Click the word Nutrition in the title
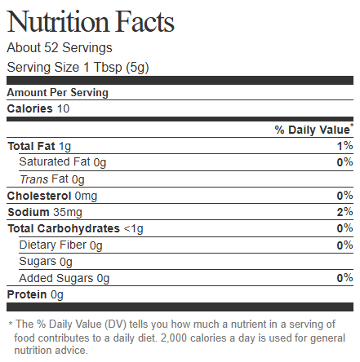pyautogui.click(x=58, y=22)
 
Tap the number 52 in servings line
pyautogui.click(x=51, y=47)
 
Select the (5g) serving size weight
pyautogui.click(x=137, y=68)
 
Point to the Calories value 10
pyautogui.click(x=63, y=108)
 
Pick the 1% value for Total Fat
pyautogui.click(x=345, y=146)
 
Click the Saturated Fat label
pyautogui.click(x=55, y=161)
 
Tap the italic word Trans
pyautogui.click(x=34, y=179)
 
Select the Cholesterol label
pyautogui.click(x=39, y=196)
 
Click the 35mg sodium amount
pyautogui.click(x=68, y=212)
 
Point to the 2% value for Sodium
pyautogui.click(x=345, y=212)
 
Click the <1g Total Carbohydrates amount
pyautogui.click(x=133, y=229)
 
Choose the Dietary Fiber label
pyautogui.click(x=53, y=245)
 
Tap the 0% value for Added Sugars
pyautogui.click(x=345, y=278)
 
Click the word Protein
pyautogui.click(x=27, y=294)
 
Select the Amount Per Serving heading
pyautogui.click(x=58, y=93)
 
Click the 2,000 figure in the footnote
pyautogui.click(x=174, y=338)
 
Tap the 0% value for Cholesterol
pyautogui.click(x=345, y=196)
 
